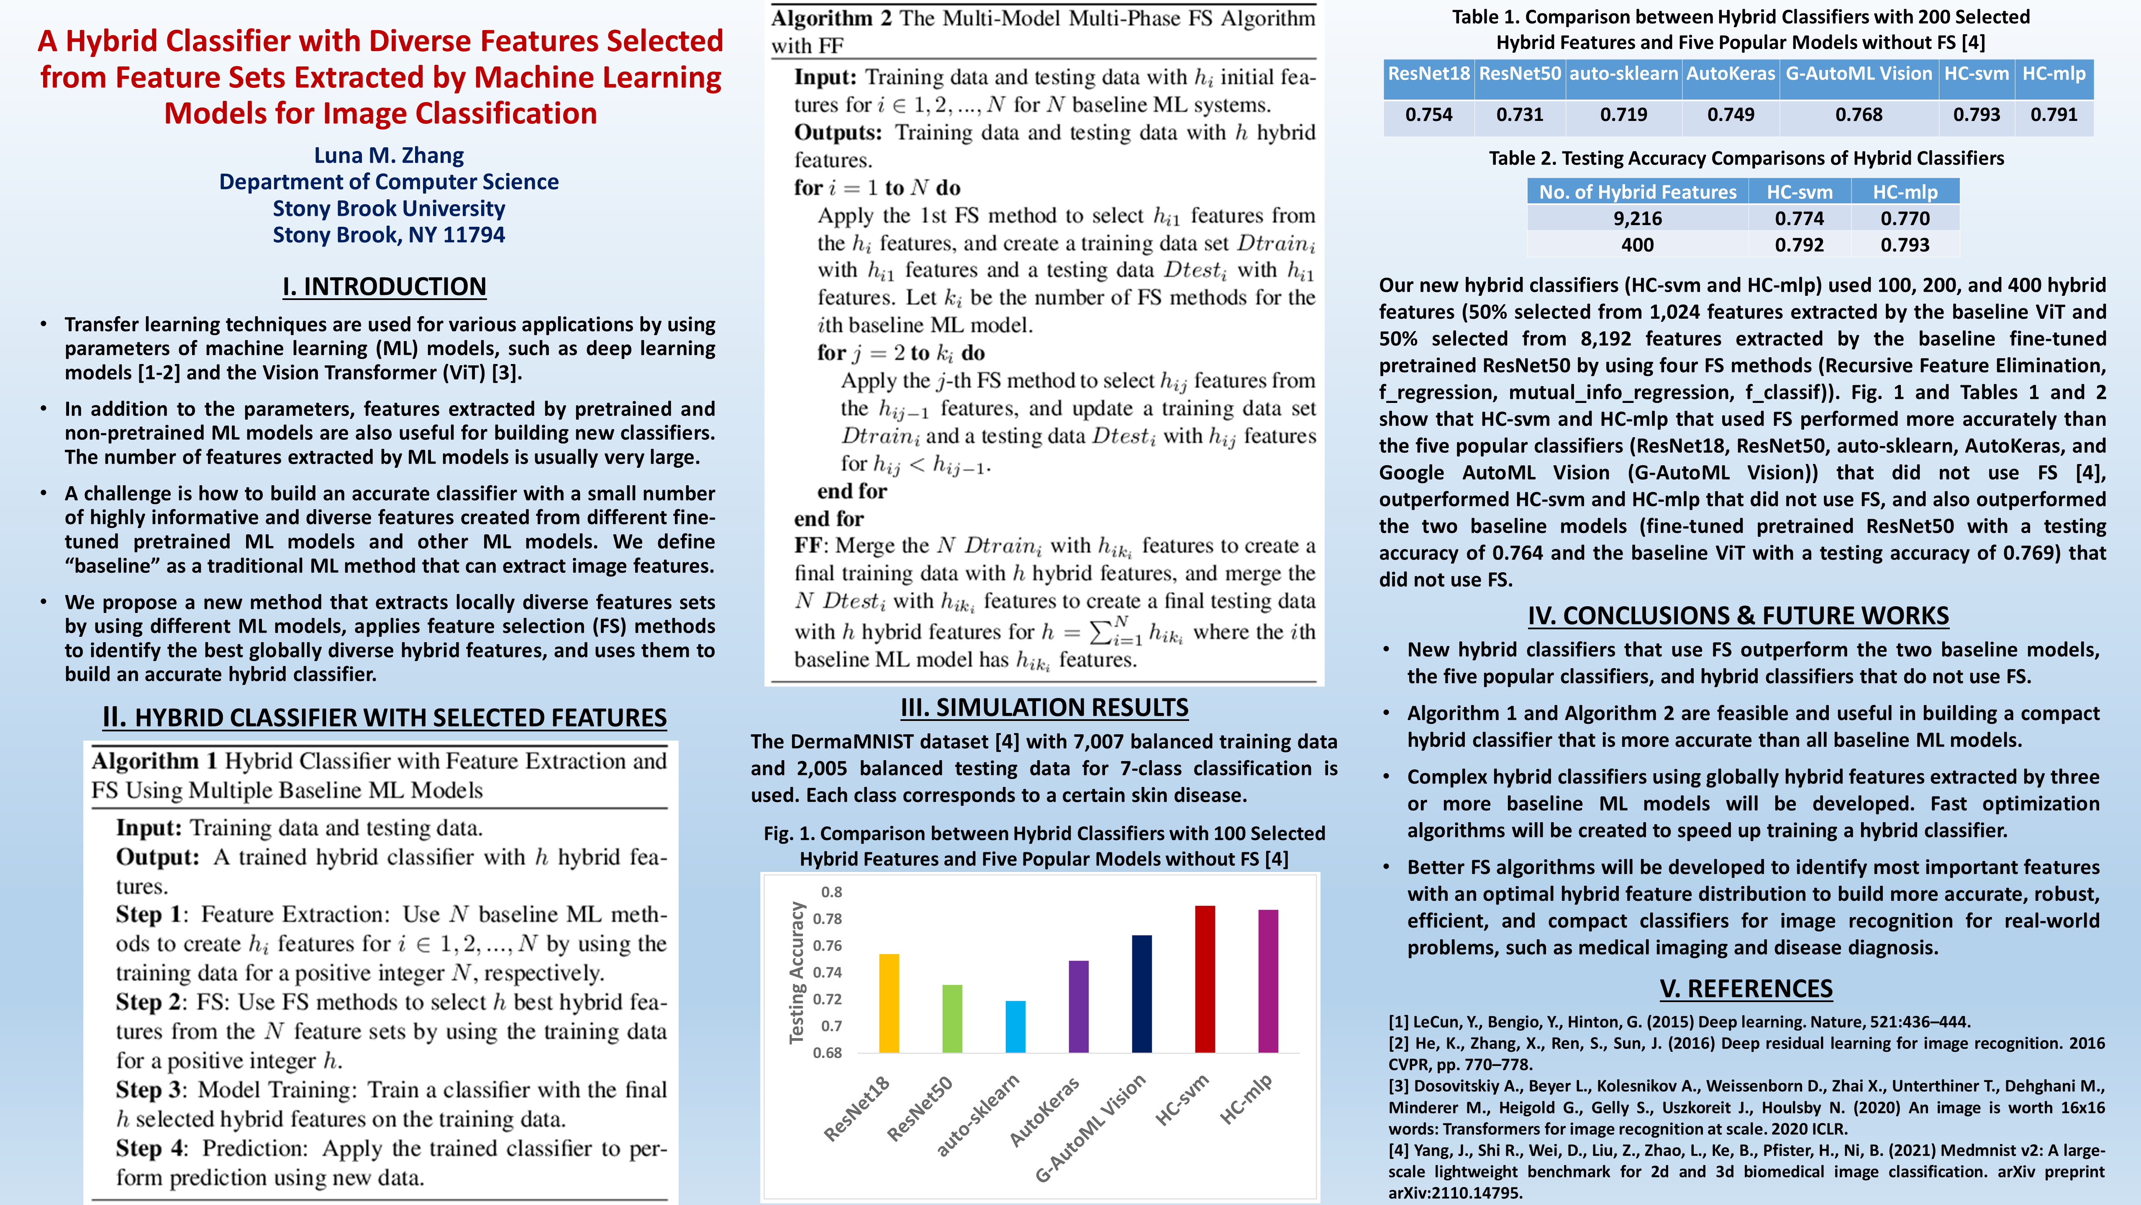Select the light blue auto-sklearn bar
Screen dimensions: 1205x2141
pyautogui.click(x=1015, y=1027)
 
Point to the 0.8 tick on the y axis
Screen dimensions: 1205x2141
pyautogui.click(x=831, y=892)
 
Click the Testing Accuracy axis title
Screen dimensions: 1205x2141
pyautogui.click(x=797, y=972)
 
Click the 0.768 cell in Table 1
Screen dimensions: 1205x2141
pyautogui.click(x=1859, y=115)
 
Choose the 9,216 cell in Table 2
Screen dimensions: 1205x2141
pyautogui.click(x=1637, y=218)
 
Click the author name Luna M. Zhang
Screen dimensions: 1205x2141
pyautogui.click(x=389, y=155)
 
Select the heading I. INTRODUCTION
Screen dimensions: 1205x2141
pyautogui.click(x=384, y=287)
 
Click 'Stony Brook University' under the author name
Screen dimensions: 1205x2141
pyautogui.click(x=389, y=209)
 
